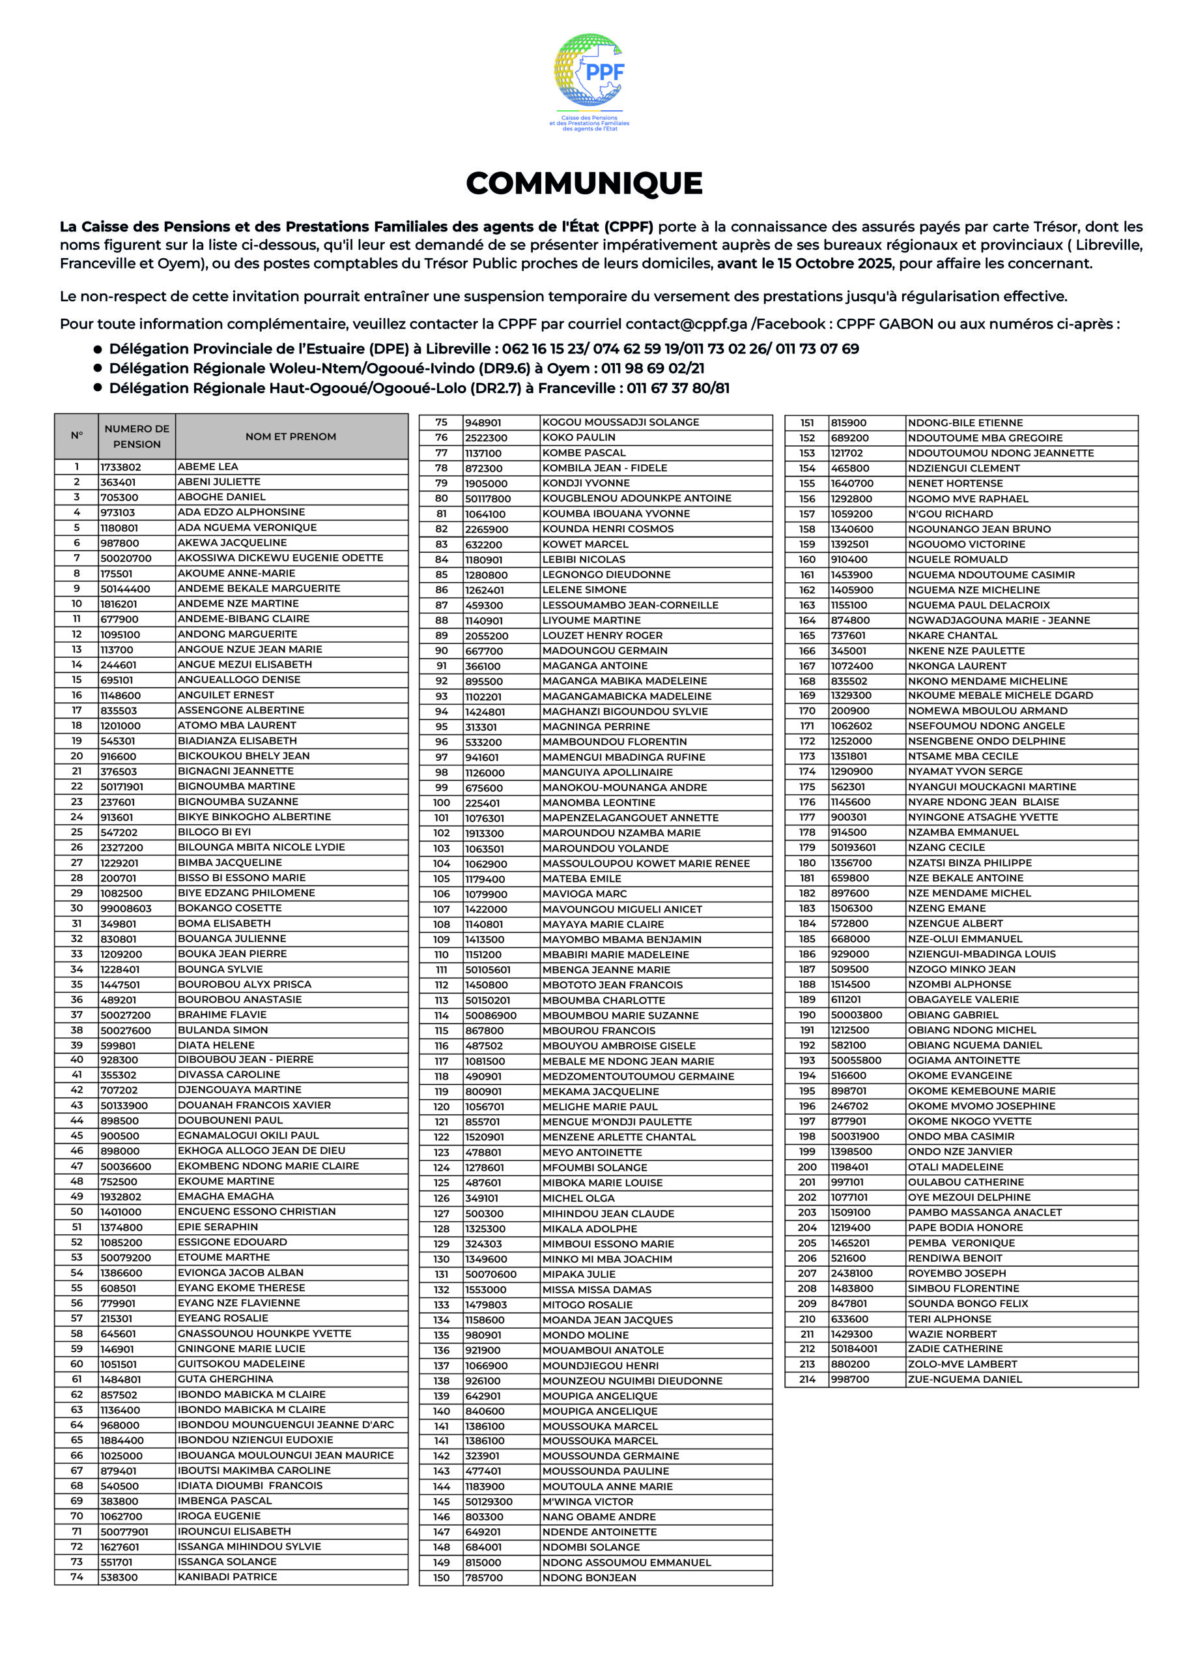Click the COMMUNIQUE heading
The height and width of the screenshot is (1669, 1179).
coord(584,183)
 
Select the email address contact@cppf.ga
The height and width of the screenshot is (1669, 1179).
coord(686,324)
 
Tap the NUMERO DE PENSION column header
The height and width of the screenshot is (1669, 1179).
coord(137,436)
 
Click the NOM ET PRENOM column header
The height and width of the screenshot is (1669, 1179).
coord(291,437)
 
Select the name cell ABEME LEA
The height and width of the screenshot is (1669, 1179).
coord(208,467)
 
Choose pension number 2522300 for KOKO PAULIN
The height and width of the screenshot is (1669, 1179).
coord(487,437)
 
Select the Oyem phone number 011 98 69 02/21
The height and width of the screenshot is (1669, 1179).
coord(652,368)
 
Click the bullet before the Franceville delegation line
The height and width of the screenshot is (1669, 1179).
coord(97,387)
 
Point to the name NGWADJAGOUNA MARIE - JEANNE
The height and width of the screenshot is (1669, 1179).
coord(999,620)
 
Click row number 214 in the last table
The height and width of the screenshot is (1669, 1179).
coord(807,1379)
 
